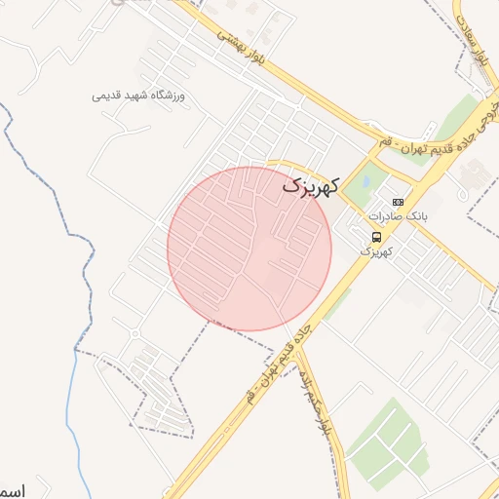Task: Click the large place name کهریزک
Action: (x=311, y=183)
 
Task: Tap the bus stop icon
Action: (x=377, y=237)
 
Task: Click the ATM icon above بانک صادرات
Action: (x=398, y=201)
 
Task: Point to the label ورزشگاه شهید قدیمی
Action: (x=144, y=96)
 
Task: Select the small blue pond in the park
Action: (x=366, y=179)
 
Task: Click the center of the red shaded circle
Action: (x=249, y=248)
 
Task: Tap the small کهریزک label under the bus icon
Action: (x=376, y=251)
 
